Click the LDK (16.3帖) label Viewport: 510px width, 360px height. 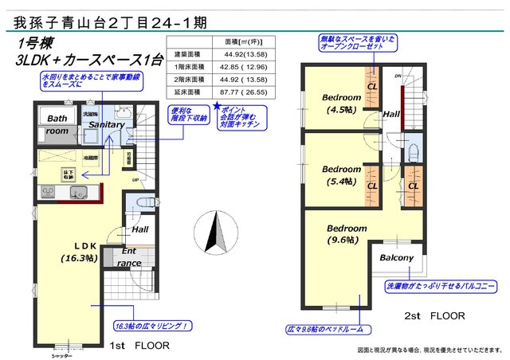[x=78, y=252]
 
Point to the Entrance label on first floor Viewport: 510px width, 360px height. [x=129, y=256]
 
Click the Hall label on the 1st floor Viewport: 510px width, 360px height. [x=140, y=229]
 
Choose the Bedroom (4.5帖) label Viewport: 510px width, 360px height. [x=341, y=104]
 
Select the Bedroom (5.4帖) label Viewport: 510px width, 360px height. [x=341, y=176]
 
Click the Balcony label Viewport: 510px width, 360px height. [x=396, y=258]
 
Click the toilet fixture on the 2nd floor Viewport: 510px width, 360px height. [x=412, y=151]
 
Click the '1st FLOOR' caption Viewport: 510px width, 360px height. [x=140, y=346]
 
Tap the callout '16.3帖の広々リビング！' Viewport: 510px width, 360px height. [x=151, y=326]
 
